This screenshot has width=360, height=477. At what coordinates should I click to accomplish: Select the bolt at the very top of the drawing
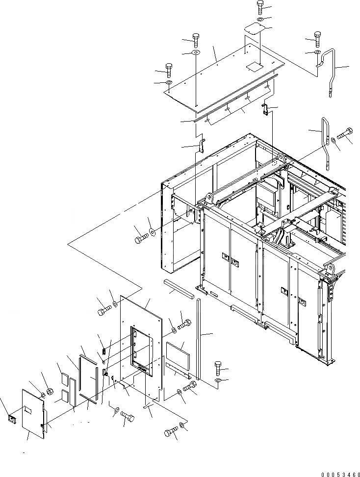260,7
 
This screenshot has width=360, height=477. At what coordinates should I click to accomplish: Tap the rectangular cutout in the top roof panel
255,65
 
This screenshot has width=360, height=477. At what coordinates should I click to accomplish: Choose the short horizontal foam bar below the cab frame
178,287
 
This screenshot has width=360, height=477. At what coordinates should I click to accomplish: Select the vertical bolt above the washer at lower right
219,367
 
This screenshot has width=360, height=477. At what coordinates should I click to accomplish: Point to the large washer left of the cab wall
153,230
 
